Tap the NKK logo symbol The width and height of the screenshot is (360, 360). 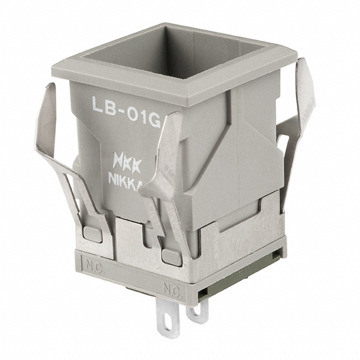tap(127, 160)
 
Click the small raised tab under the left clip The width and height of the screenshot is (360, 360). tap(92, 234)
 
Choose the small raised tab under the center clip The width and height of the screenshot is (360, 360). tap(172, 256)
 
